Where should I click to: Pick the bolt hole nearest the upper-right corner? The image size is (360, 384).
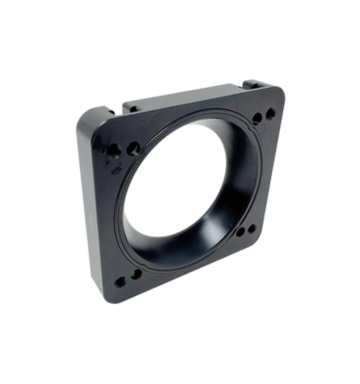[270, 113]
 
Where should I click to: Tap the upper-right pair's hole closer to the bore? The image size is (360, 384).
[257, 118]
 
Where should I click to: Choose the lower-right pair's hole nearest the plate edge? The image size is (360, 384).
[251, 229]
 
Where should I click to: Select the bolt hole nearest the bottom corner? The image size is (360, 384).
[120, 282]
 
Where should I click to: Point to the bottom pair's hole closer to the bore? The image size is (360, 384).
[136, 274]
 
